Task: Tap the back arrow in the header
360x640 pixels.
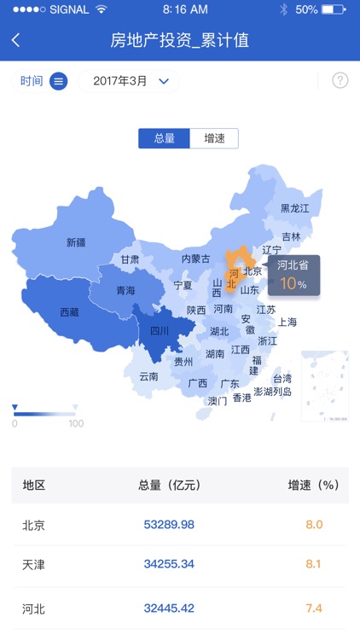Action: click(x=16, y=40)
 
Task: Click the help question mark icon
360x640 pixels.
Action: click(x=340, y=81)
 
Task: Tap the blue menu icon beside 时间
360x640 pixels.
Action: click(x=58, y=81)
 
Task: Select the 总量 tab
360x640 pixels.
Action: click(x=164, y=138)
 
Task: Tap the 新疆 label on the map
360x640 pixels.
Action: click(x=76, y=242)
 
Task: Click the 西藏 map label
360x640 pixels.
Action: click(x=69, y=312)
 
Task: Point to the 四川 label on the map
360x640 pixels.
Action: click(x=160, y=331)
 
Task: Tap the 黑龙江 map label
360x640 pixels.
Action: click(x=295, y=208)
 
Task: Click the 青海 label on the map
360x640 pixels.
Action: click(x=125, y=290)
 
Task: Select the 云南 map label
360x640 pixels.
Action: click(x=148, y=376)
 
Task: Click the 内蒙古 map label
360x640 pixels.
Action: click(x=195, y=259)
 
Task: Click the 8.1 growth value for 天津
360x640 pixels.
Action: click(x=314, y=564)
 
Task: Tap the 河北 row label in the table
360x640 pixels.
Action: click(x=33, y=608)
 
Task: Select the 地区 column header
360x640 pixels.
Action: click(x=33, y=485)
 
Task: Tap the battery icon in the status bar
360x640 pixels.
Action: click(x=334, y=9)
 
